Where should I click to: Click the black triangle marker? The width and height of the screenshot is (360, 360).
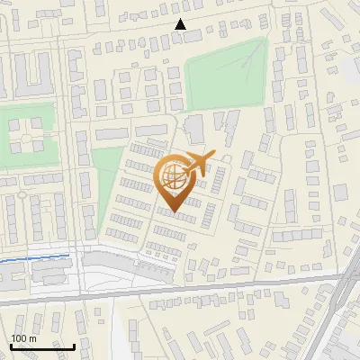[181, 24]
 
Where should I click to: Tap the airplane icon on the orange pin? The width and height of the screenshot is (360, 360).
[200, 163]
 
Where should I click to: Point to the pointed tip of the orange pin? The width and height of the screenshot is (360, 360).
[175, 211]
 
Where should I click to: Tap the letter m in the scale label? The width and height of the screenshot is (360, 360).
[33, 338]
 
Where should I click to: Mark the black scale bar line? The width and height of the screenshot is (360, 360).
[42, 346]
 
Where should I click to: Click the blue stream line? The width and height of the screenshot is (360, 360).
[36, 258]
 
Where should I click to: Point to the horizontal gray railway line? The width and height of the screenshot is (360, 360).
[180, 291]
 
